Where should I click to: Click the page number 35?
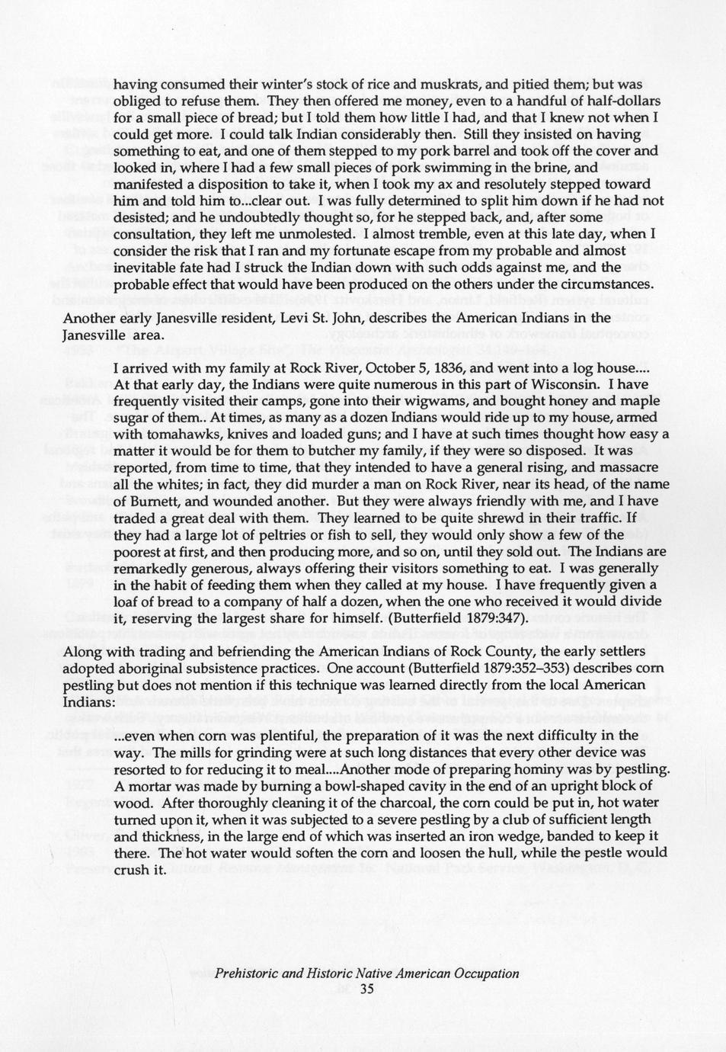(366, 989)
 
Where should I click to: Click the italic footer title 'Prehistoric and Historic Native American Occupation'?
(366, 973)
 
